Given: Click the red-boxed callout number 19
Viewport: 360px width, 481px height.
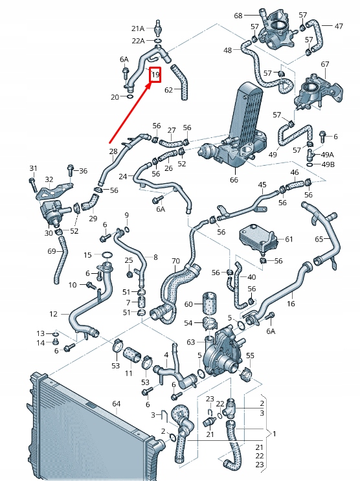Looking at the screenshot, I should [155, 76].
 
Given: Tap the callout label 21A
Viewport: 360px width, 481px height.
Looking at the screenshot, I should [139, 28].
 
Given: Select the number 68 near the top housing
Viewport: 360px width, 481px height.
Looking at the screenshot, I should [238, 16].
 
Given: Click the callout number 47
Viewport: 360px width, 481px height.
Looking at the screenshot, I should [339, 27].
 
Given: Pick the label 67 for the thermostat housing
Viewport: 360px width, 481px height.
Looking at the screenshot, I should [325, 64].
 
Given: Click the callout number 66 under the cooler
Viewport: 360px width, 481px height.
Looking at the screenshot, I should [234, 179].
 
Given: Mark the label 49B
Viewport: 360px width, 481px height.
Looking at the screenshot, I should [328, 164].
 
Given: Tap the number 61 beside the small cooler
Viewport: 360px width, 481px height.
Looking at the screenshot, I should [289, 240].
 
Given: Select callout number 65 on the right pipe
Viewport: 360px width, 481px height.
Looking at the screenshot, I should [319, 240].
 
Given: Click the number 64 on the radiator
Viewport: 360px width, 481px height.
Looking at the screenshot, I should [117, 404].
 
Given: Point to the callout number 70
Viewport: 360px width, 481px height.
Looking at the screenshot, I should [175, 261].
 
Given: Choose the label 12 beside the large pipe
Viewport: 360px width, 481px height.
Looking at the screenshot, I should [53, 314].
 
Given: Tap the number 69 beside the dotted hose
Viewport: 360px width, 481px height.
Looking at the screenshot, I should [52, 251].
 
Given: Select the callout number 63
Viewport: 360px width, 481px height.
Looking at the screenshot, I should [191, 341].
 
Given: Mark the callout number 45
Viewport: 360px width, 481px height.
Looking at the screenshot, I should [262, 185].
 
